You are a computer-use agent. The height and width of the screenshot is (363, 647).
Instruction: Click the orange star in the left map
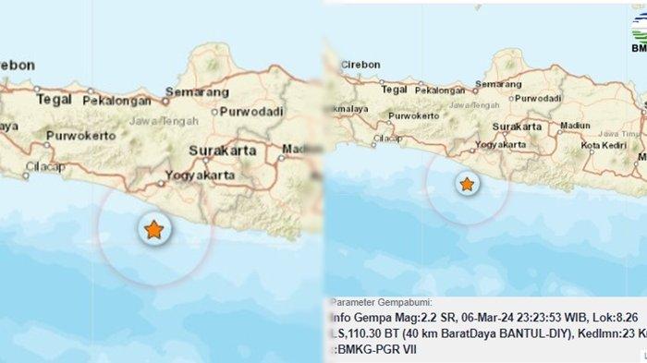[153, 230]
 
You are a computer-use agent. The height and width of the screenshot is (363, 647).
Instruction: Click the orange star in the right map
[468, 185]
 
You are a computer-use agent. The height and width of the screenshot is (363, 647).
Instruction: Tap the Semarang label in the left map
[197, 93]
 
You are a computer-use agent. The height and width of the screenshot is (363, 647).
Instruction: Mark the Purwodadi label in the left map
[245, 112]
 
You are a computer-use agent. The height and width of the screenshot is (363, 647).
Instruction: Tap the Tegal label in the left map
[55, 97]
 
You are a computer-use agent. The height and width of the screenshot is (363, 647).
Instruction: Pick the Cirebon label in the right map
[360, 65]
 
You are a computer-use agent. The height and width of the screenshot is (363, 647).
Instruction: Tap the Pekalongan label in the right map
[439, 90]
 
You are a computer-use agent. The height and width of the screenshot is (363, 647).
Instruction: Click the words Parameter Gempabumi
[378, 302]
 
